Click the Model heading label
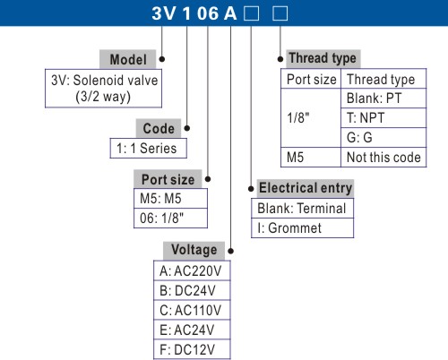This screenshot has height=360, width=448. click(x=128, y=59)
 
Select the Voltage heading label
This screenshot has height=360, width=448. click(x=194, y=250)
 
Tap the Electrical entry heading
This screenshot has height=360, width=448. click(x=306, y=188)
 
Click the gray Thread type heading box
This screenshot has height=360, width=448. click(x=323, y=58)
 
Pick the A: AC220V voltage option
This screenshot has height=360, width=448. click(x=192, y=270)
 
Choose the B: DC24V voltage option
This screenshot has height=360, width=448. click(x=192, y=290)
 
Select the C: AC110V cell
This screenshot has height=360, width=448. click(x=192, y=310)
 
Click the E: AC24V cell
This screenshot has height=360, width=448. click(x=192, y=330)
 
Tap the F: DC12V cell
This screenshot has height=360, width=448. click(x=192, y=349)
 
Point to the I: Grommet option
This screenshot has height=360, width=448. click(x=302, y=228)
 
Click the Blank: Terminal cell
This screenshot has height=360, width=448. click(x=302, y=209)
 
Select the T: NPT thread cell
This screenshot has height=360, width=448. click(x=383, y=118)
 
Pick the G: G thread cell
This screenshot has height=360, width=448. click(x=383, y=138)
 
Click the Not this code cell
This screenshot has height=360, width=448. click(x=383, y=157)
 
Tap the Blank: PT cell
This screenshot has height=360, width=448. click(x=383, y=99)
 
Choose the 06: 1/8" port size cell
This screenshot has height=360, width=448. click(x=170, y=219)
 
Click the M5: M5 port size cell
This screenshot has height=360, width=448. click(x=170, y=199)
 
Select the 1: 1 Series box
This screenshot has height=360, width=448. click(x=149, y=148)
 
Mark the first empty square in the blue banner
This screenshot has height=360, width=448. click(x=251, y=13)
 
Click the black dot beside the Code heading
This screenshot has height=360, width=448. click(x=187, y=128)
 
